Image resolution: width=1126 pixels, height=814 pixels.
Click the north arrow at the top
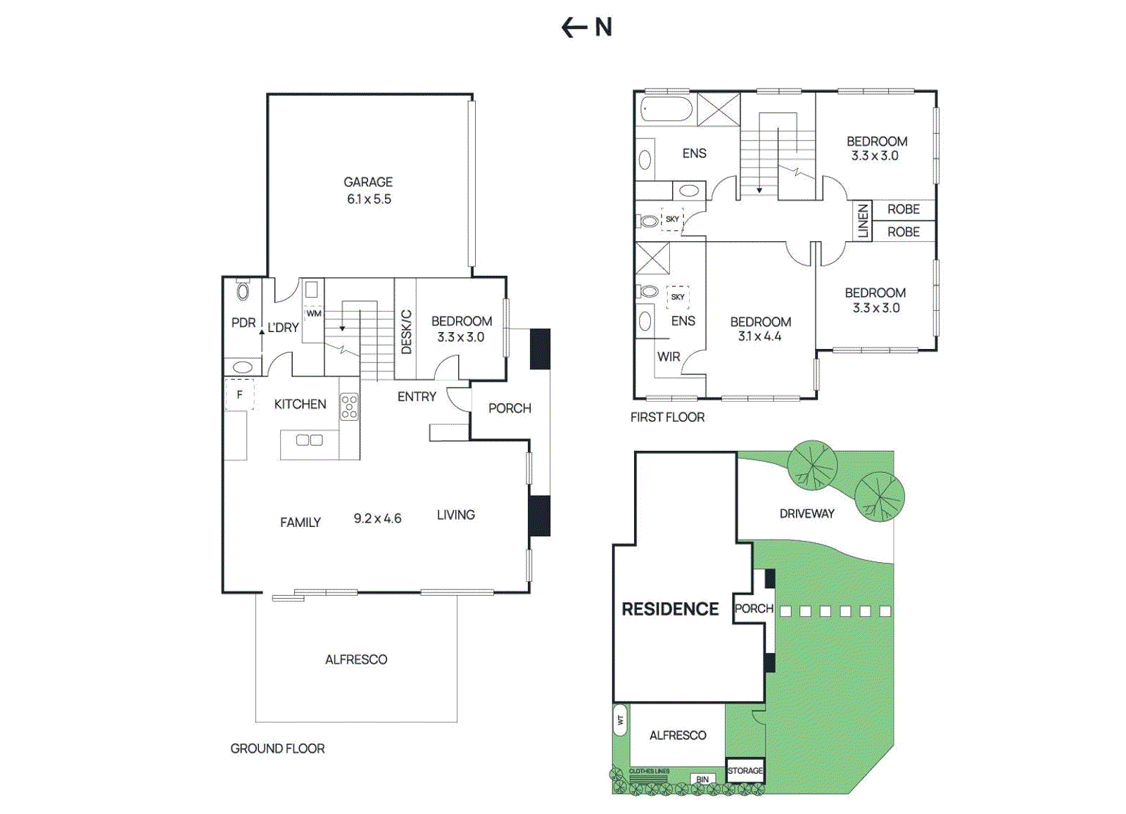tap(574, 27)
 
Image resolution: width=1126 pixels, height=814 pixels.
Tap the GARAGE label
tap(368, 182)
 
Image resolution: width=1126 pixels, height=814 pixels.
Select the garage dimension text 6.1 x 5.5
tap(369, 199)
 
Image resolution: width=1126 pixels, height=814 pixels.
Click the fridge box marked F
tap(239, 395)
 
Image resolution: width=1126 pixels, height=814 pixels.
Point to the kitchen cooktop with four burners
tap(349, 407)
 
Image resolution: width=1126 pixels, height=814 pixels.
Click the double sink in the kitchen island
tap(309, 440)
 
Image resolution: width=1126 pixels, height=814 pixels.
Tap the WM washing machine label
tap(314, 314)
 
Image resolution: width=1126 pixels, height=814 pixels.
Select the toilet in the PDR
tap(243, 291)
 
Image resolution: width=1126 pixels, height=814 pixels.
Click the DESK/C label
tap(406, 331)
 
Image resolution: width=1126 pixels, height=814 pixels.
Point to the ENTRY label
tap(417, 397)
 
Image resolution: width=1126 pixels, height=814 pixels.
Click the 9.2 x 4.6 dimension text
tap(377, 518)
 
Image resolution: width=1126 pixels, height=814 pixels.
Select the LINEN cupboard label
tap(863, 221)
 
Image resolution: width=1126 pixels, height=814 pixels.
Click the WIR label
tap(669, 357)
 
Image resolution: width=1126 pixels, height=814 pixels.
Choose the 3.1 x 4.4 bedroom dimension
tap(759, 337)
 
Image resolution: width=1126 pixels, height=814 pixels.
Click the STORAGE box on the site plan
tap(745, 770)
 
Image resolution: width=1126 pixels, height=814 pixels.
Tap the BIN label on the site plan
tap(702, 780)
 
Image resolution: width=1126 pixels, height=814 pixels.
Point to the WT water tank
tap(620, 720)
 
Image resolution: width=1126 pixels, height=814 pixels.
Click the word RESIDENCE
tap(670, 609)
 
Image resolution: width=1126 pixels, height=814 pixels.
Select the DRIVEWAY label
tap(806, 514)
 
